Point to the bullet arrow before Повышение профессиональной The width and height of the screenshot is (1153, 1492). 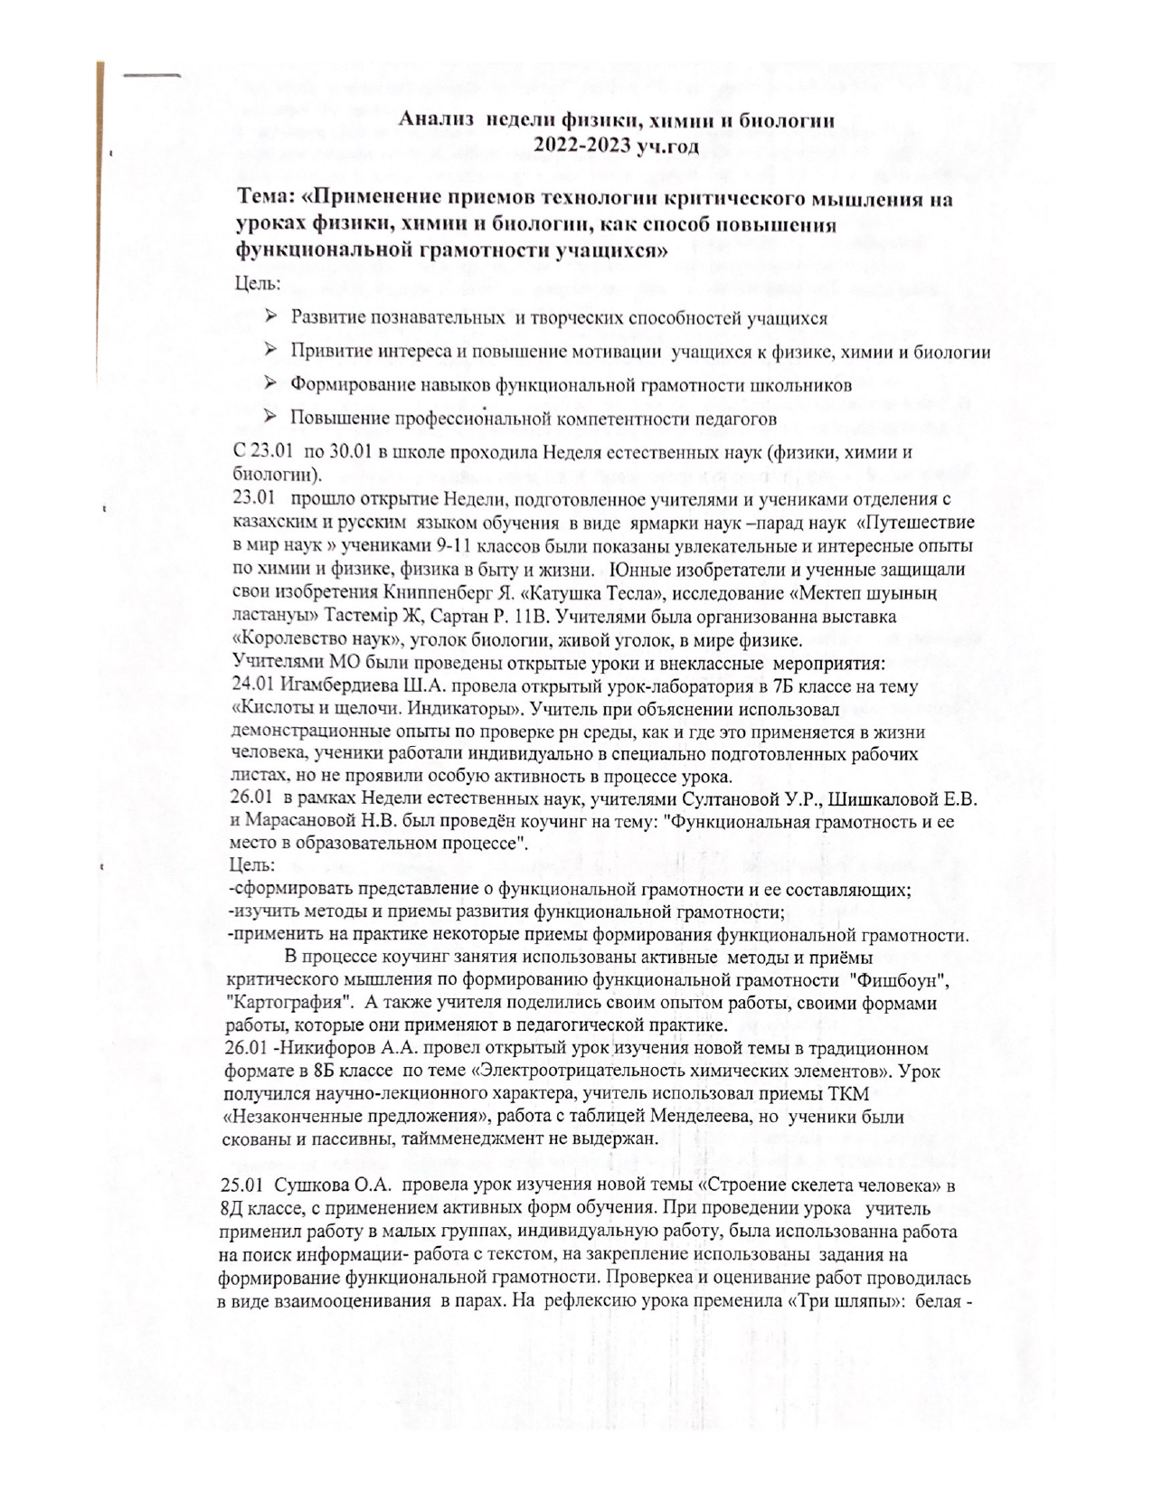(270, 417)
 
